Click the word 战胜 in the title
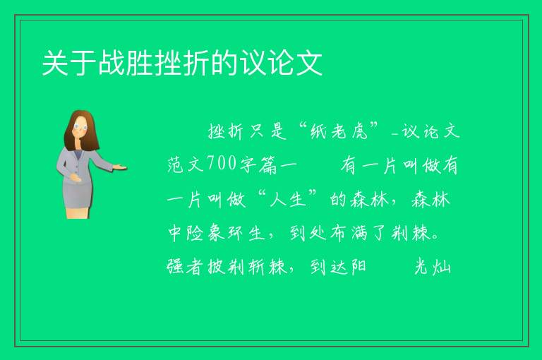coord(126,63)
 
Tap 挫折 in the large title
coord(182,63)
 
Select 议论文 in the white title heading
coord(282,63)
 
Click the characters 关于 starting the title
coord(69,63)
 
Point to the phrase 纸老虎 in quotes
coord(339,131)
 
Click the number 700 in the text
coord(222,164)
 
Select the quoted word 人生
coord(288,200)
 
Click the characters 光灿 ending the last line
coord(433,267)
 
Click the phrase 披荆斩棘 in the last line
coord(247,267)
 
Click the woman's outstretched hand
coord(120,168)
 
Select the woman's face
coord(80,127)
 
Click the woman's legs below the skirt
coord(78,213)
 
